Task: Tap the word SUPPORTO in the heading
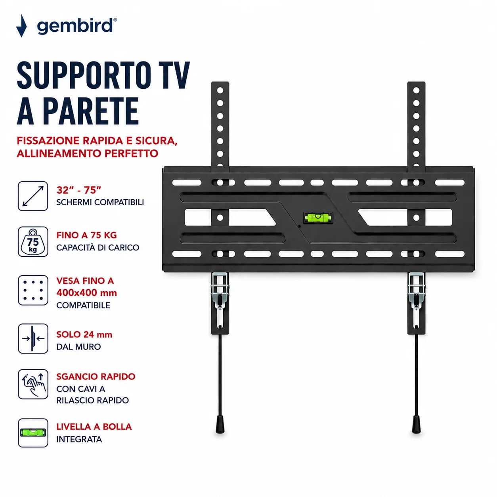pyautogui.click(x=84, y=75)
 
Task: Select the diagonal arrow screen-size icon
pyautogui.click(x=33, y=196)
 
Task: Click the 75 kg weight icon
pyautogui.click(x=33, y=242)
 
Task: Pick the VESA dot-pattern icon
pyautogui.click(x=33, y=290)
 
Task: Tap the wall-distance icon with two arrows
pyautogui.click(x=33, y=338)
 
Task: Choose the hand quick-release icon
pyautogui.click(x=33, y=384)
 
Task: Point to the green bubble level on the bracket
pyautogui.click(x=318, y=218)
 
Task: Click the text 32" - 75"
pyautogui.click(x=78, y=190)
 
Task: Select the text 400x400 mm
pyautogui.click(x=87, y=292)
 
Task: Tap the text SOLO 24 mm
pyautogui.click(x=84, y=335)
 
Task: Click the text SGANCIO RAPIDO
pyautogui.click(x=96, y=377)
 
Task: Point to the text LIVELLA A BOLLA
pyautogui.click(x=94, y=426)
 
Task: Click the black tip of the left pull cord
pyautogui.click(x=220, y=428)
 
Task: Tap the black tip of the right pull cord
pyautogui.click(x=416, y=428)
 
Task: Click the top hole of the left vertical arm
pyautogui.click(x=220, y=90)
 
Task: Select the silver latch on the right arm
pyautogui.click(x=416, y=291)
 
